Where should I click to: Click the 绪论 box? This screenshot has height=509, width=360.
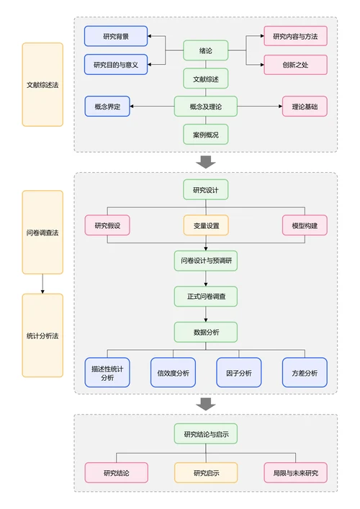coord(205,50)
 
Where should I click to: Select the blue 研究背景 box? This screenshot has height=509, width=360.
coord(116,36)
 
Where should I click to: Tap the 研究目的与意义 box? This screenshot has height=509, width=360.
coord(116,65)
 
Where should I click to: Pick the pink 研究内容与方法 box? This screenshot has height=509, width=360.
coord(295,36)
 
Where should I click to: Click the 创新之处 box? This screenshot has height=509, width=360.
coord(295,65)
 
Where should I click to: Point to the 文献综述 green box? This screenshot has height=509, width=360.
coord(205,78)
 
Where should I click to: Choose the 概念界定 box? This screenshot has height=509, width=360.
coord(107,107)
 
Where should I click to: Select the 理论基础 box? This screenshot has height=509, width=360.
coord(305,107)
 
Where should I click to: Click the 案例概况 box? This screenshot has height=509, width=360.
coord(205,135)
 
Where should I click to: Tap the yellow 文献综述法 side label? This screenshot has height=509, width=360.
coord(42,84)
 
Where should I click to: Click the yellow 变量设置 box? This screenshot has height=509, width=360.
coord(205,225)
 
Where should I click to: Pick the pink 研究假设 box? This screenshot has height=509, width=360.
coord(107,225)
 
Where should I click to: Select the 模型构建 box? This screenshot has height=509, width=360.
coord(305,225)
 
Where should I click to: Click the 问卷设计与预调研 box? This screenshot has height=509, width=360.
coord(205,261)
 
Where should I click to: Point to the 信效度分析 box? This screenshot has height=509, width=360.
coord(173,373)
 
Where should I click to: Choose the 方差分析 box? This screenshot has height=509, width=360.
coord(305,373)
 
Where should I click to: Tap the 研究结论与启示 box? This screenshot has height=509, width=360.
coord(205,434)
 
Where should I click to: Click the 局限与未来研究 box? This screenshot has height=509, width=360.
coord(295,473)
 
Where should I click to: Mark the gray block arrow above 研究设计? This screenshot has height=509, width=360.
coord(206,162)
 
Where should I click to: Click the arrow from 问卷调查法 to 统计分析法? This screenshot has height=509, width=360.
coord(42,284)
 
